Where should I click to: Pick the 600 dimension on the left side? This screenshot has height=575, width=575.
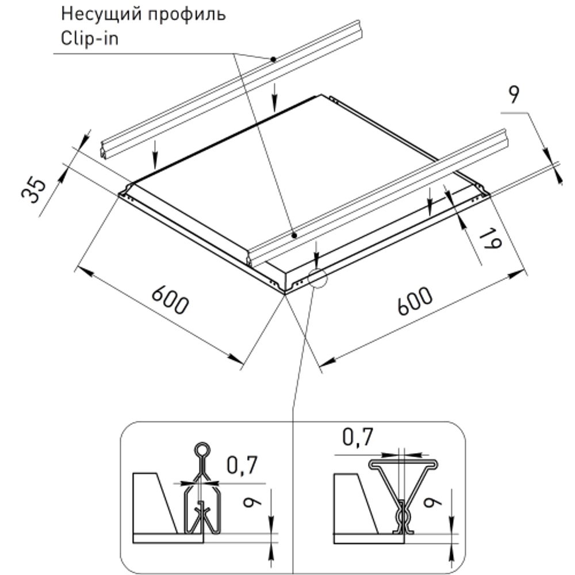click(170, 298)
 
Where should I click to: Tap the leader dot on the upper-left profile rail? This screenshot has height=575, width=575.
click(274, 59)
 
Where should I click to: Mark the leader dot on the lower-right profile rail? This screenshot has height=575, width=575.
click(294, 235)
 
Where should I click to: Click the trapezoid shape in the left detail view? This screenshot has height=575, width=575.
click(152, 500)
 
